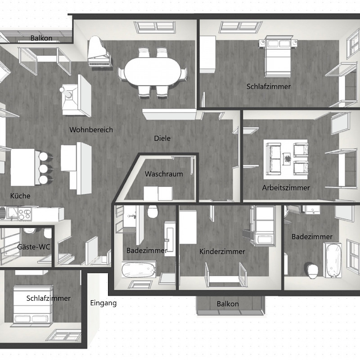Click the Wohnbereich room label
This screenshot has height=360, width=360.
coord(91,130)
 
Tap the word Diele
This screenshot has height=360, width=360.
coord(162,138)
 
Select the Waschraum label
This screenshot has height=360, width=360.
coord(164,174)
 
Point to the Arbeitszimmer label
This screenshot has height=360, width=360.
coord(286,188)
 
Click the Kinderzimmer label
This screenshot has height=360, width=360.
coord(222,252)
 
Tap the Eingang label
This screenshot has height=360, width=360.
coord(103,303)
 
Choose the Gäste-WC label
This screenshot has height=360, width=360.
coord(34,247)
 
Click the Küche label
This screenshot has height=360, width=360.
coord(20,196)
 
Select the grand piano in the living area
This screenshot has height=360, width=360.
coord(99,52)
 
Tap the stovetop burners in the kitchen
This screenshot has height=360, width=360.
coord(25,214)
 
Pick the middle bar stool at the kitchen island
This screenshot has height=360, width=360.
coord(44,169)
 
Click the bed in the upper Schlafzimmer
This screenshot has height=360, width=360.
coord(278,57)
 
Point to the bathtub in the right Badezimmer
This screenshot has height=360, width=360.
coord(332,260)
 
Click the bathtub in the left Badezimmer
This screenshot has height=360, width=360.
coord(139,270)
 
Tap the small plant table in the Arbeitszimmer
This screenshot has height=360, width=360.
coord(287,159)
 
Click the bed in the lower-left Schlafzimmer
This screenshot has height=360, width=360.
coord(33,305)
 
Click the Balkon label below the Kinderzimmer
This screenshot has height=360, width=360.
coord(228,304)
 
